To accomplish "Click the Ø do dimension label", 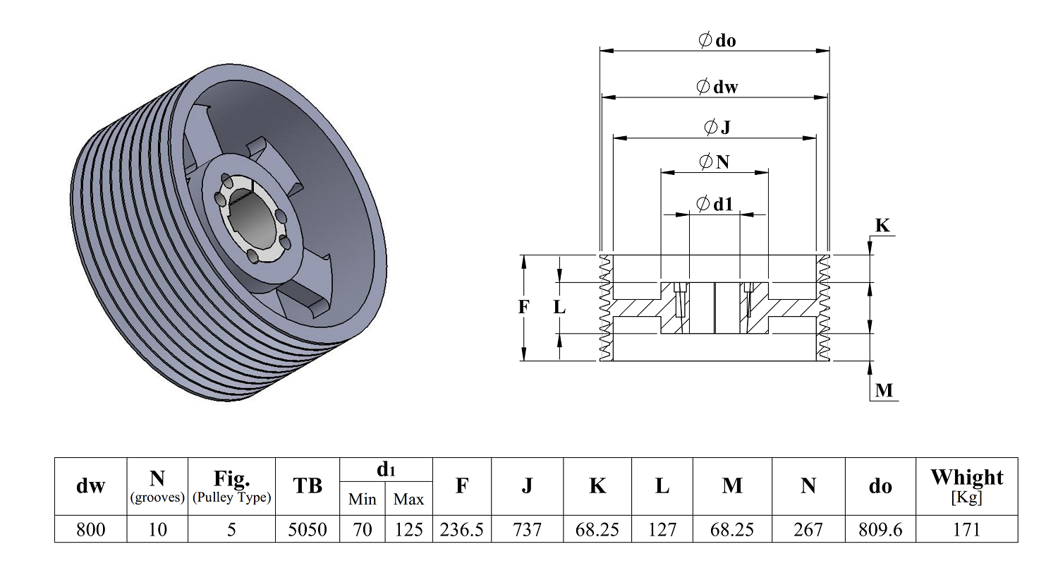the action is click(x=717, y=40).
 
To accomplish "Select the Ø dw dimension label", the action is click(x=717, y=86).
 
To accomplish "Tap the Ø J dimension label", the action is click(x=717, y=126).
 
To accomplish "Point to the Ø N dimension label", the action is click(x=714, y=162).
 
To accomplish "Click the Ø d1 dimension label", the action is click(x=715, y=204).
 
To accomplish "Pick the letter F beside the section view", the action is click(x=523, y=307).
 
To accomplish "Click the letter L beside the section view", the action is click(x=559, y=308).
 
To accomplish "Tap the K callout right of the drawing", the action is click(x=882, y=225).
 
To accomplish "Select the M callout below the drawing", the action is click(x=884, y=390).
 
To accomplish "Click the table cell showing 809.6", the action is click(x=880, y=529).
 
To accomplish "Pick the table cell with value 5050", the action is click(x=308, y=529).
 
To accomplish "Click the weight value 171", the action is click(x=967, y=529).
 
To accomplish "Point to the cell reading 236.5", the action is click(x=462, y=529).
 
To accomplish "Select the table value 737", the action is click(x=527, y=529).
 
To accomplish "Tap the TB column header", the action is click(x=308, y=486).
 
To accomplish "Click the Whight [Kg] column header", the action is click(x=967, y=486).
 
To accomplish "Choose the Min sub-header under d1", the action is click(x=363, y=499).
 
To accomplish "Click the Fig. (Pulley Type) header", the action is click(x=231, y=486).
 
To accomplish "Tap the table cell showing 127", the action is click(x=662, y=529).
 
